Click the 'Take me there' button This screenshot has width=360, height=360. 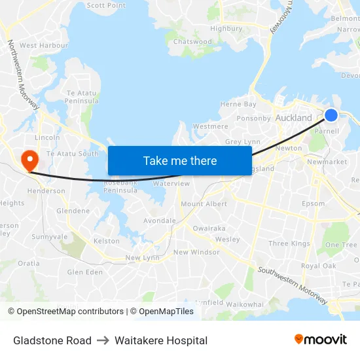[x=179, y=160]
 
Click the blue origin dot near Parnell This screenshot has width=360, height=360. [x=331, y=115]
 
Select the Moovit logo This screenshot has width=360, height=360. [x=321, y=339]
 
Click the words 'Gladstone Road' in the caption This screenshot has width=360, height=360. [x=52, y=340]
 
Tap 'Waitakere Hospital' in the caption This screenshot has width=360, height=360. [x=161, y=340]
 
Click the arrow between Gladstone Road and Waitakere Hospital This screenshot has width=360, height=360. [x=103, y=340]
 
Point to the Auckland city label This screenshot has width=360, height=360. [x=294, y=118]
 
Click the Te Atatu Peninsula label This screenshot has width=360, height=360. [x=82, y=98]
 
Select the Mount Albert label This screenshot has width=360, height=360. [x=204, y=204]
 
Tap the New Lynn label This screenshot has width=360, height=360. [x=142, y=258]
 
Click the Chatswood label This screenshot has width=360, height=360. [x=192, y=41]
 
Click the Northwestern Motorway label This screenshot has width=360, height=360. [x=24, y=74]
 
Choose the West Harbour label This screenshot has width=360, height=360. [x=44, y=45]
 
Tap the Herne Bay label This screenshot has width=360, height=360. [x=238, y=104]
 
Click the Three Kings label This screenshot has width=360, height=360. [x=289, y=243]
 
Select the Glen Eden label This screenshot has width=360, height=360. [x=85, y=272]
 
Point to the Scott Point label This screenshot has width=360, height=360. [x=106, y=5]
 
